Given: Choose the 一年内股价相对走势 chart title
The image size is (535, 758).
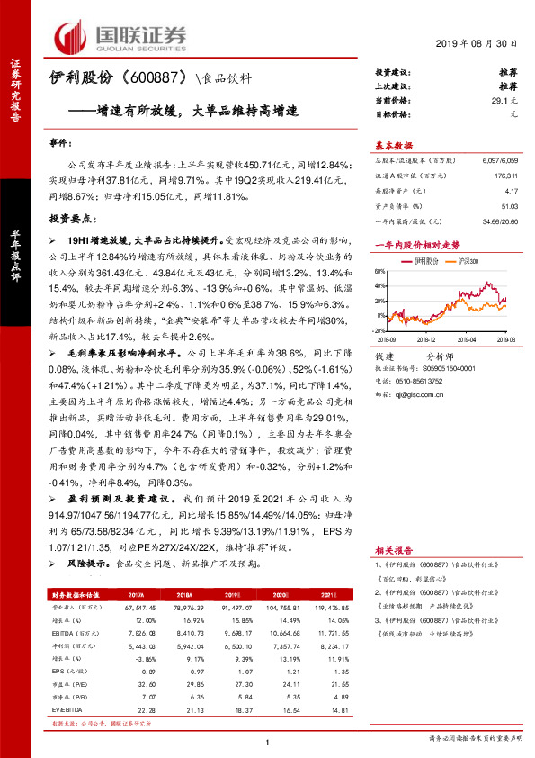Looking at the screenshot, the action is pyautogui.click(x=416, y=245).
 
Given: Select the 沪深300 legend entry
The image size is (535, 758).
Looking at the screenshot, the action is pyautogui.click(x=468, y=259).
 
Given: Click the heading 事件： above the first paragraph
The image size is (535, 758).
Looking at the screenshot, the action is pyautogui.click(x=59, y=143).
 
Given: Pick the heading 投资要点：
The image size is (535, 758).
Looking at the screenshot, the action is pyautogui.click(x=71, y=219).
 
